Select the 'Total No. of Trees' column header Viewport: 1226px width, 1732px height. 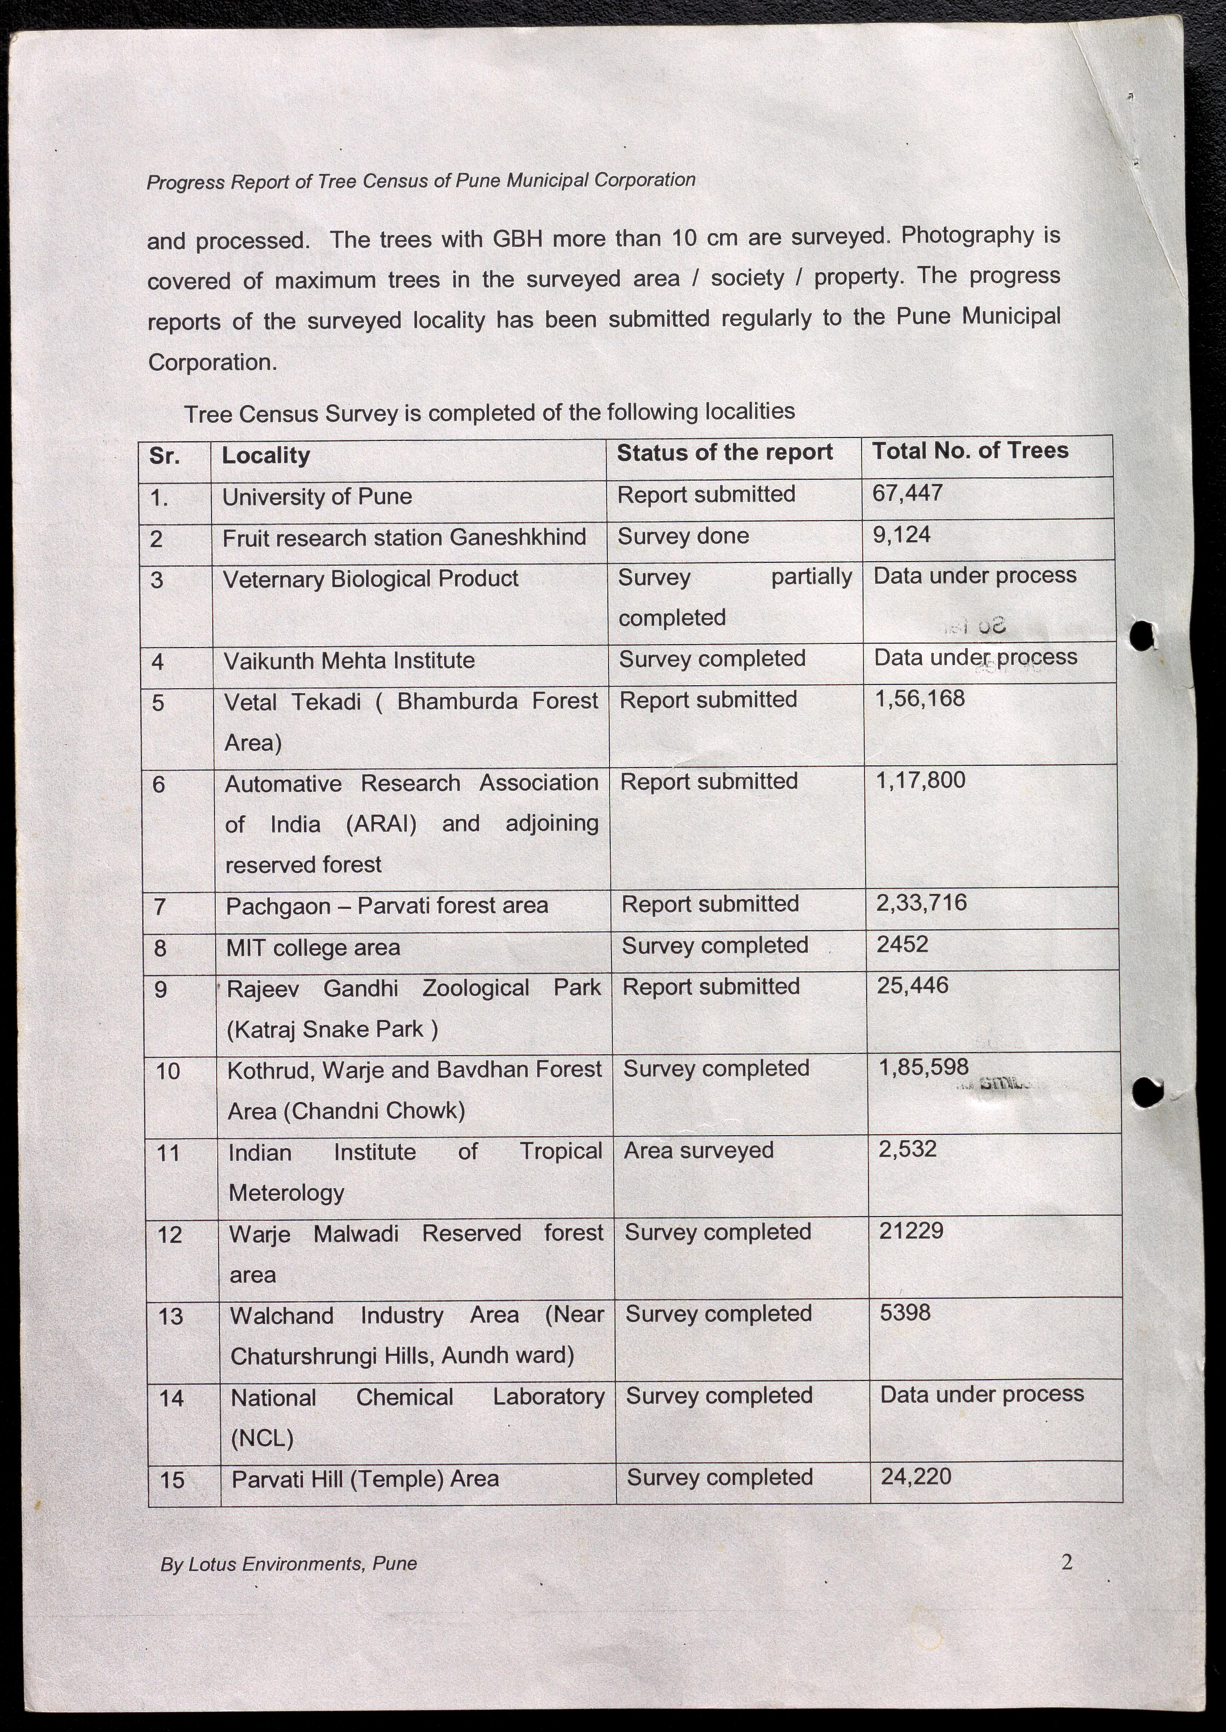[x=970, y=451]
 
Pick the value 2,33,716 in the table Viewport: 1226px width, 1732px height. [x=921, y=903]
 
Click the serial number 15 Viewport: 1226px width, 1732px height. [x=172, y=1480]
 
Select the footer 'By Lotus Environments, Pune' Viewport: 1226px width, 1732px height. [x=289, y=1564]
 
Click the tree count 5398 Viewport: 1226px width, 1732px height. [x=904, y=1312]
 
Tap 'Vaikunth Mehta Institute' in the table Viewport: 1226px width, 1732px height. [x=349, y=661]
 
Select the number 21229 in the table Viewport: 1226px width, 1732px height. [x=910, y=1231]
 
